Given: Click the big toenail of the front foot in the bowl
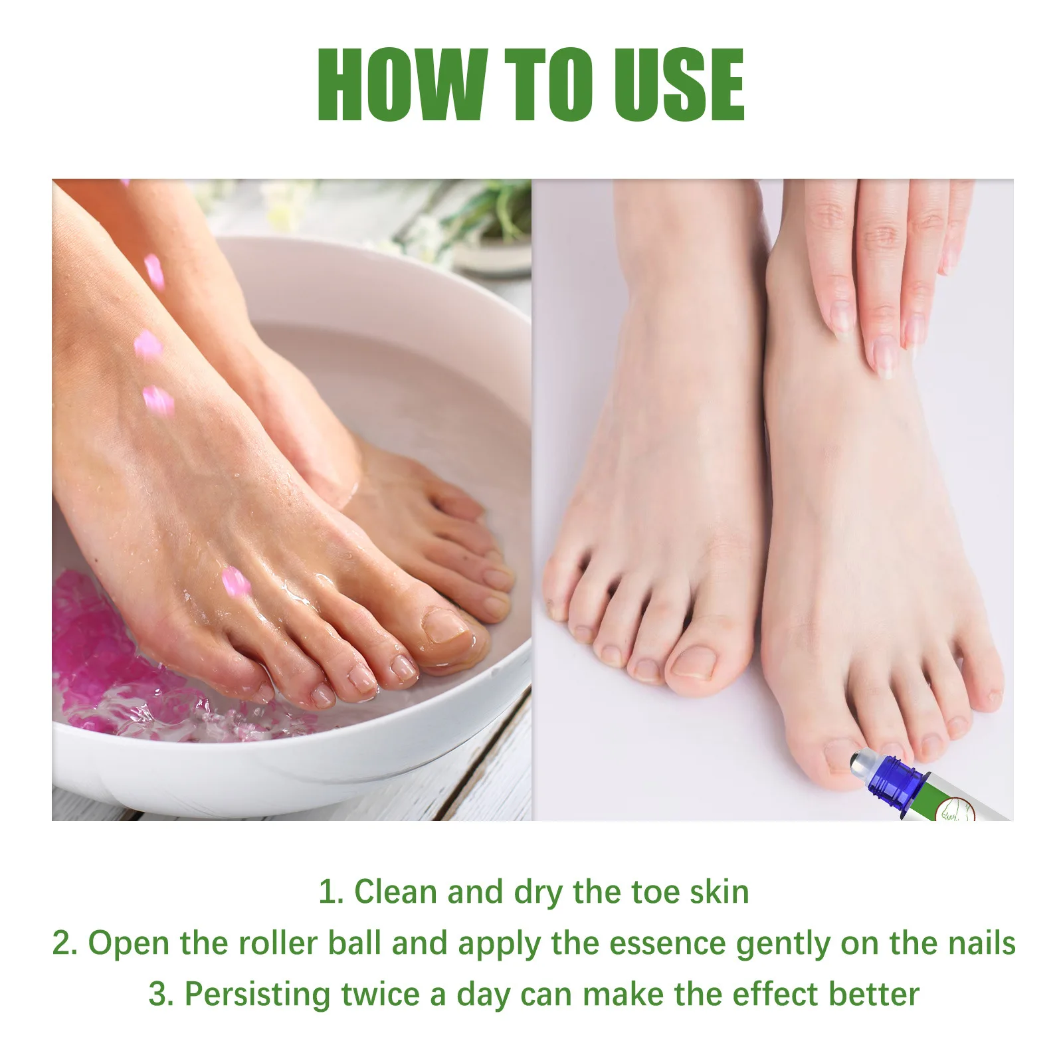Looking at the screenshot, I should point(443,625).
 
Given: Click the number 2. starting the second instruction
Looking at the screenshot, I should point(65,943).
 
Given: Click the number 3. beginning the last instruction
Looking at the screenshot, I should point(161,995).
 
